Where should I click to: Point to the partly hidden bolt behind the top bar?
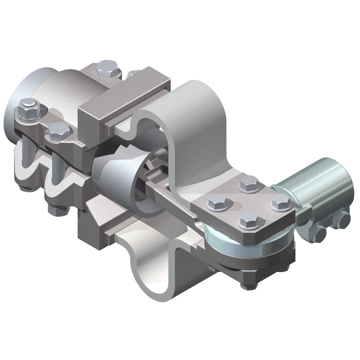click(x=134, y=73)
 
